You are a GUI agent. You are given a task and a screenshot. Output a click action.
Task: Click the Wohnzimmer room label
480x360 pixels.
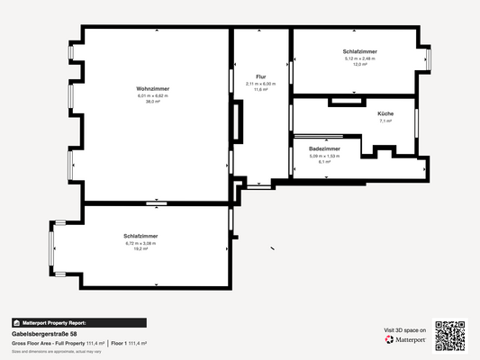153,88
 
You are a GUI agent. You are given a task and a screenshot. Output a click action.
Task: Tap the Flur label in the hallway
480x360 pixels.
261,76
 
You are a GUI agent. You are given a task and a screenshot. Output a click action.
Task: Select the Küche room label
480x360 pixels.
385,113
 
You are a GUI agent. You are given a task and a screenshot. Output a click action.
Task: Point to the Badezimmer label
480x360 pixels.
324,148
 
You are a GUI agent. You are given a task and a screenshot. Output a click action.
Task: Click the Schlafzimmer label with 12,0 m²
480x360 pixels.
359,52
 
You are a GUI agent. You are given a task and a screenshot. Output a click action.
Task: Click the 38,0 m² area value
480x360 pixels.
153,102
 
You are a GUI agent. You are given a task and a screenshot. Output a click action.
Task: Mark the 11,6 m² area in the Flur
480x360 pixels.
261,90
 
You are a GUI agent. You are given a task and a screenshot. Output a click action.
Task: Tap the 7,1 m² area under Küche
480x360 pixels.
385,121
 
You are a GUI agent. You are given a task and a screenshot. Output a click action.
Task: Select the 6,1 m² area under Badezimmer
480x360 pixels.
324,162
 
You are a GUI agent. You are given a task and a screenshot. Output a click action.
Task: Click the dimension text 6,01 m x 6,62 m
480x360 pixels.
153,95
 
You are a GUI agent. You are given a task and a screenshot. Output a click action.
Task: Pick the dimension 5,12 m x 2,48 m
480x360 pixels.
359,58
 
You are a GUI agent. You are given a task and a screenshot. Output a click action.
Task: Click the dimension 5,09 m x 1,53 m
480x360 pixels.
324,156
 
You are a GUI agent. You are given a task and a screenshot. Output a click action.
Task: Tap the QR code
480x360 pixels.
450,336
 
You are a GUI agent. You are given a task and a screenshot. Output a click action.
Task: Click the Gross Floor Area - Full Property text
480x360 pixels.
48,344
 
